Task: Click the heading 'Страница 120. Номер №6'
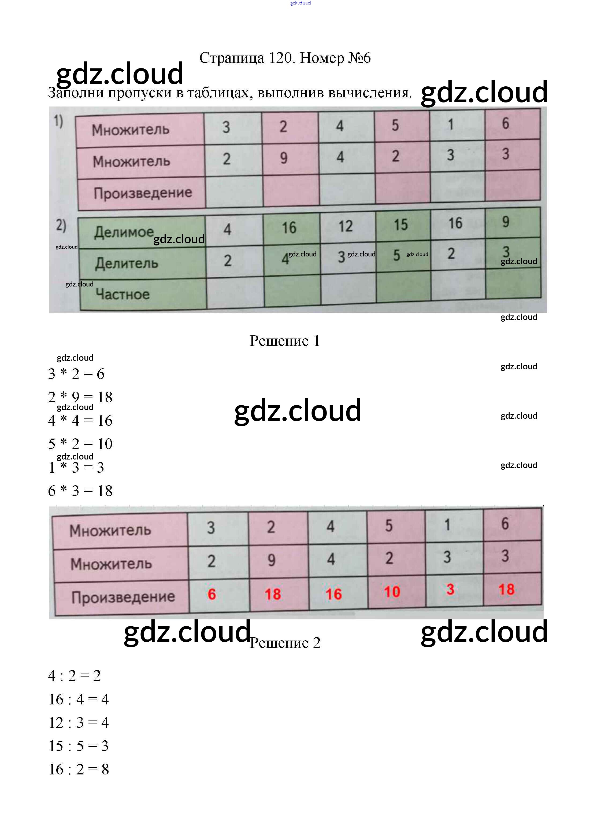click(x=285, y=58)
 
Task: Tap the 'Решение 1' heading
click(x=285, y=341)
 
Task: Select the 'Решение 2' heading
click(x=285, y=643)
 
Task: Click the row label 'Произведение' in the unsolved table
click(x=143, y=193)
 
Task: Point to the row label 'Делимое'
click(x=124, y=232)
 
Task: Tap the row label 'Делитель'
click(x=127, y=263)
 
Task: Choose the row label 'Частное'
click(x=123, y=294)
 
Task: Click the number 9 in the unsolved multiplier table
click(x=284, y=158)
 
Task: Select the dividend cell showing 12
click(x=346, y=226)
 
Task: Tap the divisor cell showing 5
click(x=396, y=255)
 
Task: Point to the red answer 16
click(x=333, y=594)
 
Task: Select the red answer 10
click(x=392, y=592)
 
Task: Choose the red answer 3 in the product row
click(x=450, y=590)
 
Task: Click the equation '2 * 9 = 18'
click(x=80, y=397)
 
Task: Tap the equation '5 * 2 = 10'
click(x=80, y=444)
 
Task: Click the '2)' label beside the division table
click(x=61, y=226)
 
